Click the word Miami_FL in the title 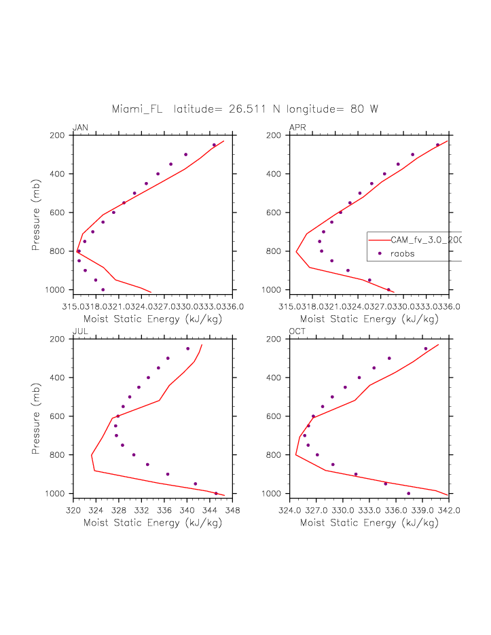click(x=137, y=109)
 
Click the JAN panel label click(x=80, y=128)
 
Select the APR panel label click(x=297, y=128)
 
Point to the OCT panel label click(x=297, y=331)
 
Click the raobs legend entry click(x=403, y=253)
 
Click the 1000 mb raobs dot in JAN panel click(x=103, y=289)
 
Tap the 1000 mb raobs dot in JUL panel click(x=216, y=493)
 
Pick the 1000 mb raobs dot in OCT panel click(x=408, y=493)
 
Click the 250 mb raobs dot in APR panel click(x=437, y=145)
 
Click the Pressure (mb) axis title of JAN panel click(x=37, y=213)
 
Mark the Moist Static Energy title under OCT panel click(x=369, y=523)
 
